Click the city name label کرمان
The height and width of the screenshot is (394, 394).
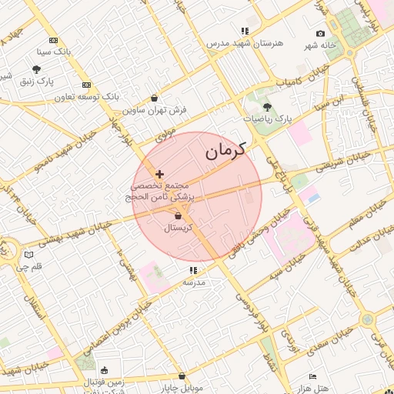[x=225, y=151]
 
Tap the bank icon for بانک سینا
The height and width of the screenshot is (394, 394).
[x=53, y=40]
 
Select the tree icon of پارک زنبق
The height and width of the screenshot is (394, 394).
[x=36, y=69]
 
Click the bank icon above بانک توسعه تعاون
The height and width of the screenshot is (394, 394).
[x=86, y=85]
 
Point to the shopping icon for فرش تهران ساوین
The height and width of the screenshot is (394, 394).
[x=155, y=98]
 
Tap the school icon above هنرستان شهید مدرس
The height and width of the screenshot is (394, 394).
[x=245, y=32]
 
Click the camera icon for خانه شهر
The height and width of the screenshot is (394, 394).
[x=320, y=34]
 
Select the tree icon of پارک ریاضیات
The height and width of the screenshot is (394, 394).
[x=268, y=107]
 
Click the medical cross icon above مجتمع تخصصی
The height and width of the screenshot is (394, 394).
[x=159, y=175]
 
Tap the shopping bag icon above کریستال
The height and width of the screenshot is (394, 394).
[x=178, y=217]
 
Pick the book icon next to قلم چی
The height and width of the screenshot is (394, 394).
[x=28, y=255]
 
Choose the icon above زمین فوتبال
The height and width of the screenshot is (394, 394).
[x=104, y=370]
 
